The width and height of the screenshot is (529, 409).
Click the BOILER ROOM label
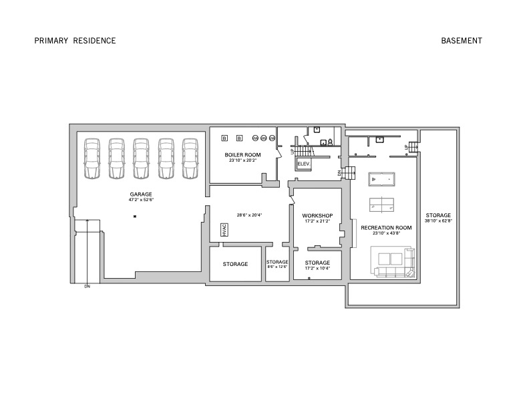point(242,154)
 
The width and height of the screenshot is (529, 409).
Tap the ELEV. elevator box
point(303,164)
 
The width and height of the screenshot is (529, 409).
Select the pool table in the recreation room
point(382,180)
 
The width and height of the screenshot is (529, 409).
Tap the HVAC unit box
point(223,230)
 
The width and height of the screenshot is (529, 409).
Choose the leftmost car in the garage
point(93,158)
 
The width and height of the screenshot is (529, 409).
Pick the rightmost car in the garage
point(190,158)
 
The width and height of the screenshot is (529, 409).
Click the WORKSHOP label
point(317,215)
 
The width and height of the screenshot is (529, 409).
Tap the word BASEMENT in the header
point(462,41)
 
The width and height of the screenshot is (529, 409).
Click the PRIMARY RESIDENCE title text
point(75,41)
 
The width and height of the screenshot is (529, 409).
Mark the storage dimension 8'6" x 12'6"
point(277,267)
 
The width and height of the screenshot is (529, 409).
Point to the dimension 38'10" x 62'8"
point(438,221)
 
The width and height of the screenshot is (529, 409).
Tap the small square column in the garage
point(134,217)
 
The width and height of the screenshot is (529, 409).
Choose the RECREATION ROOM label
point(386,228)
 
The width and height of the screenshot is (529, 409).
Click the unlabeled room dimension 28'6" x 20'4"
point(248,215)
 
